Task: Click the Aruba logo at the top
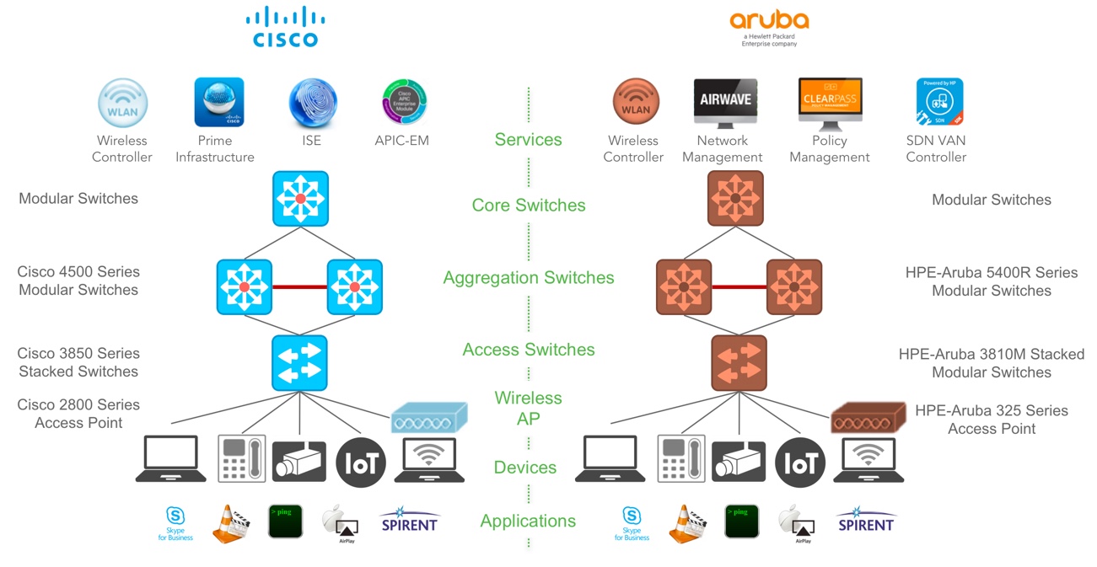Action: click(768, 25)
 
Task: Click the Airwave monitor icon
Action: click(724, 104)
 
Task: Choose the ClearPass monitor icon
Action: click(830, 104)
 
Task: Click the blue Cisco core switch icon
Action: click(300, 199)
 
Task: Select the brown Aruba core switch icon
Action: click(734, 199)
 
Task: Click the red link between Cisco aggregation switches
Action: click(299, 287)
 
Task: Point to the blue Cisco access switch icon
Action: click(299, 363)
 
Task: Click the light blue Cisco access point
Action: click(428, 416)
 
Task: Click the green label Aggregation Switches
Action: click(529, 278)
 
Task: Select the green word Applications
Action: click(528, 522)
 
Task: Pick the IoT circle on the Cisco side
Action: click(361, 461)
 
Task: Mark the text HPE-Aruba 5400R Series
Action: click(991, 273)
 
